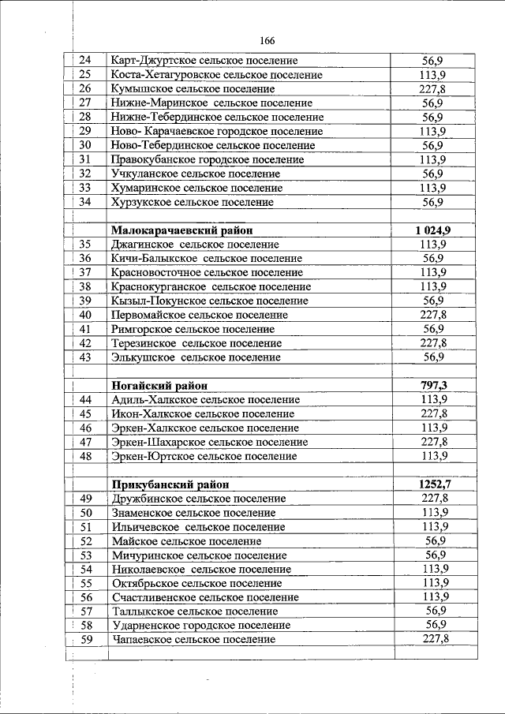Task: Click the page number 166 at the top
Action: [x=267, y=41]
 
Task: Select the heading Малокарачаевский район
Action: [x=182, y=230]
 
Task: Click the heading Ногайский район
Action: [x=160, y=386]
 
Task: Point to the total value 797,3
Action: [x=433, y=385]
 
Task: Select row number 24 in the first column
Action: [x=86, y=60]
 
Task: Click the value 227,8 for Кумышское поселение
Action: [x=433, y=88]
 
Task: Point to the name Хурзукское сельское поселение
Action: [x=193, y=202]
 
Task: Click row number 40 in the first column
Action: [x=86, y=315]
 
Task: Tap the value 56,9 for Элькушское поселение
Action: [x=433, y=357]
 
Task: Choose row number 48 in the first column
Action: [x=86, y=456]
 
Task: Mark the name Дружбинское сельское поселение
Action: [x=199, y=499]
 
